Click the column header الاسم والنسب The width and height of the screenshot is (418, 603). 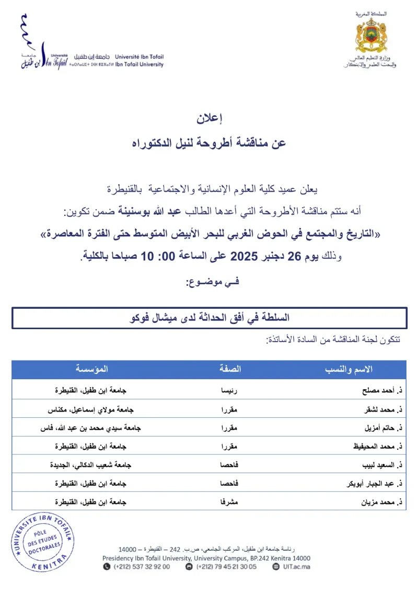349,369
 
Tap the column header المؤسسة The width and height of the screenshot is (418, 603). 92,369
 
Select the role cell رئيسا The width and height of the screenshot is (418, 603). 230,390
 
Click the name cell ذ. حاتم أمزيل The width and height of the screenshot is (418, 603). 380,428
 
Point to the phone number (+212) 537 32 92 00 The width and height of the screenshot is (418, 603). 141,567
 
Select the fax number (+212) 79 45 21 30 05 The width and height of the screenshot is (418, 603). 226,567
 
